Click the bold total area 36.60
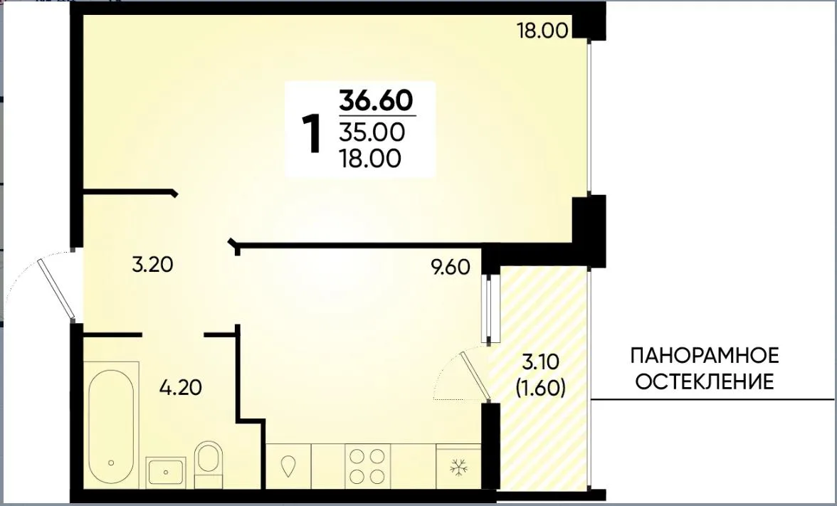pos(377,100)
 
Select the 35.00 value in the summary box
pos(372,132)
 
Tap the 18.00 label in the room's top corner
pos(542,31)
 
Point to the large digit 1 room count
pos(312,135)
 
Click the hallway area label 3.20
pos(152,264)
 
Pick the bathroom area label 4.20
pos(181,387)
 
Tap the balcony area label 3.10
pos(540,362)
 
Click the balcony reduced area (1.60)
pos(541,387)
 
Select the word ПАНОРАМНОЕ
pos(705,356)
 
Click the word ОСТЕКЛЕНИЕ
pos(705,382)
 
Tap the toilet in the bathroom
pos(208,463)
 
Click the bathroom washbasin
pos(166,472)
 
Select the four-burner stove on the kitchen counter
pos(367,466)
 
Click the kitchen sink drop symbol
pos(289,465)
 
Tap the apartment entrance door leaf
pos(57,289)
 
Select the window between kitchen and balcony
pos(488,309)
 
